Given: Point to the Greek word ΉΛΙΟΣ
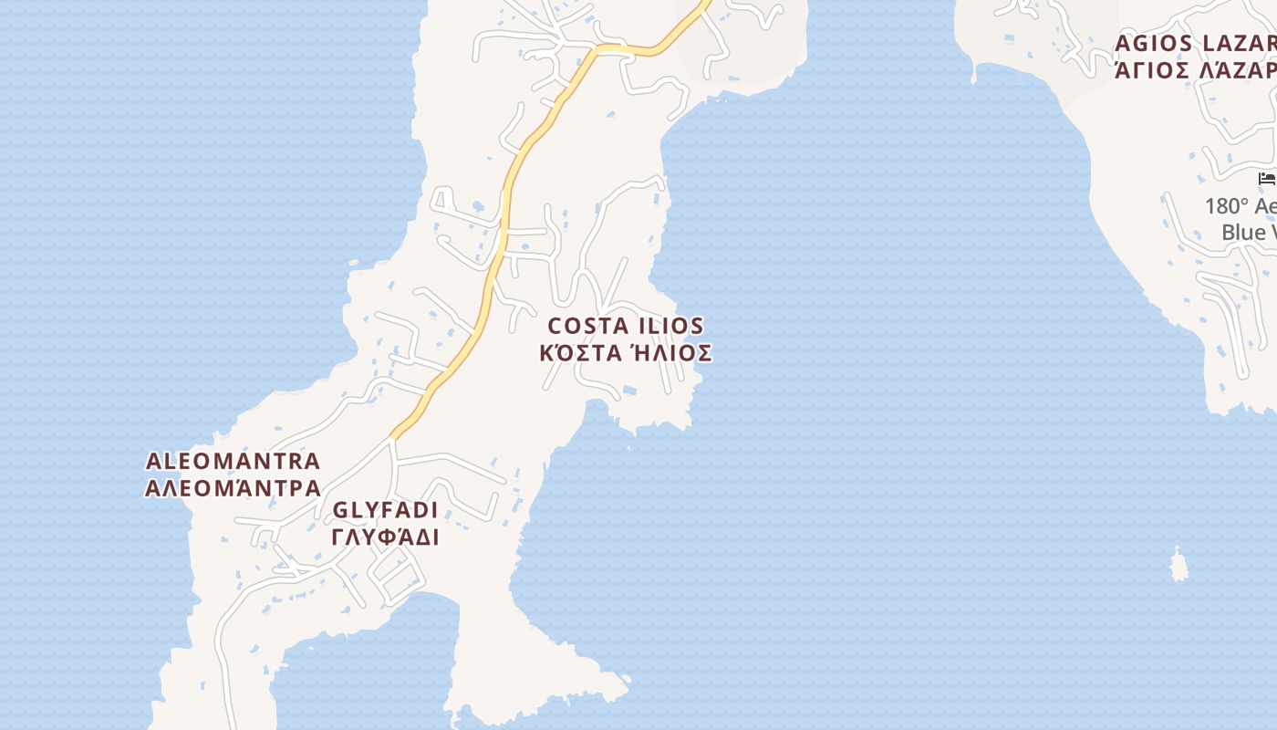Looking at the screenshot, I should coord(671,353).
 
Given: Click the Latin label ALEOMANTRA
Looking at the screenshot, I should coord(233,462).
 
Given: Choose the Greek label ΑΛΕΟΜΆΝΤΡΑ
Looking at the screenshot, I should coord(233,488).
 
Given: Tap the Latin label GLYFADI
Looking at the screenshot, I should coord(385,510).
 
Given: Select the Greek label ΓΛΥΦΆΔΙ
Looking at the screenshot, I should coord(385,537).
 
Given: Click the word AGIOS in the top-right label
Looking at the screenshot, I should coord(1154,43).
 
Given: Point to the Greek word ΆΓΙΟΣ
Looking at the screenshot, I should coord(1152,69).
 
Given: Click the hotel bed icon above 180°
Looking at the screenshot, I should coord(1266,178).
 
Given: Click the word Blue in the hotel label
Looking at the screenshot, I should coord(1243,233).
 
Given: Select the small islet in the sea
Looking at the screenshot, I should coord(1179,566).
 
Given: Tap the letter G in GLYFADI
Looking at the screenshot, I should coord(340,510).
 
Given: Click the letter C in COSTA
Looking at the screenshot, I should coord(555,327).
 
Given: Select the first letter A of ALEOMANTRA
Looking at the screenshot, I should coord(153,462).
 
